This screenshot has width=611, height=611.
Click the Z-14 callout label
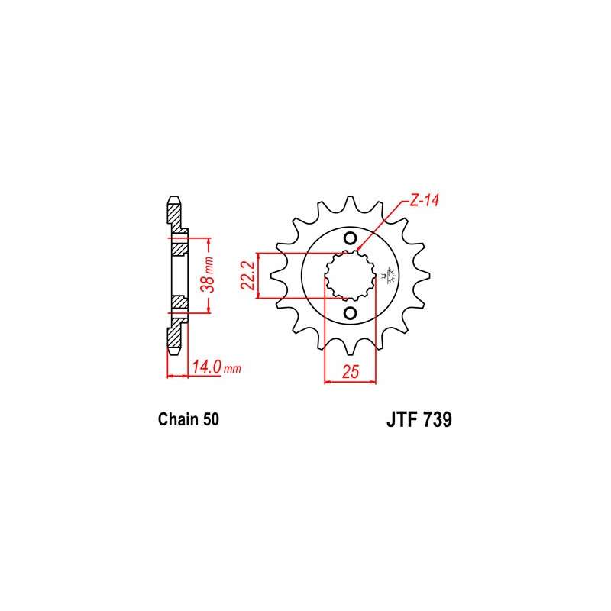(x=424, y=200)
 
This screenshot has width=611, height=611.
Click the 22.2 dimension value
(x=247, y=276)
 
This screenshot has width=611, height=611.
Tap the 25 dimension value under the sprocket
(x=351, y=371)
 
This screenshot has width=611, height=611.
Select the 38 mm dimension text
(x=208, y=275)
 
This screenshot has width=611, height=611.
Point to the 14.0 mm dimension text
(x=216, y=367)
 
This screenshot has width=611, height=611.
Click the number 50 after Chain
(x=211, y=419)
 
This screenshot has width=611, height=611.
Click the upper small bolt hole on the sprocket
(x=350, y=238)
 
